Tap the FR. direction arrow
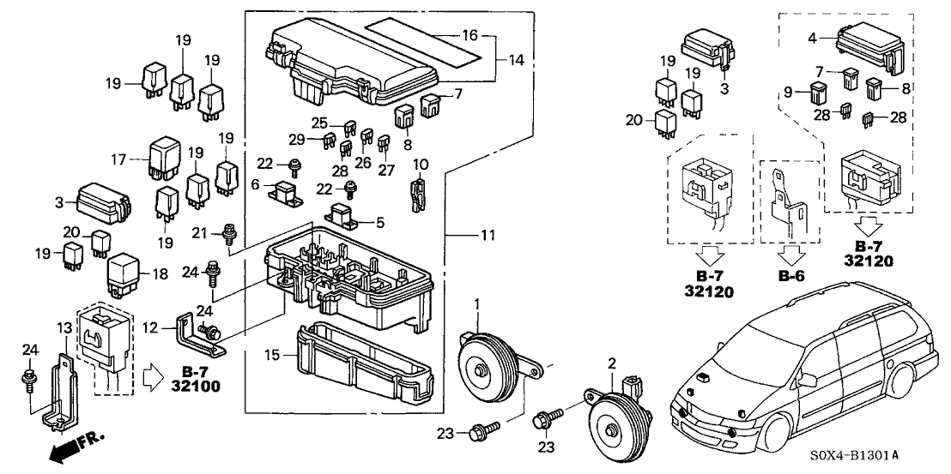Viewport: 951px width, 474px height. pyautogui.click(x=73, y=445)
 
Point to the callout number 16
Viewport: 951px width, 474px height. pyautogui.click(x=468, y=37)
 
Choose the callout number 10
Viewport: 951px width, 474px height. pyautogui.click(x=420, y=165)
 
